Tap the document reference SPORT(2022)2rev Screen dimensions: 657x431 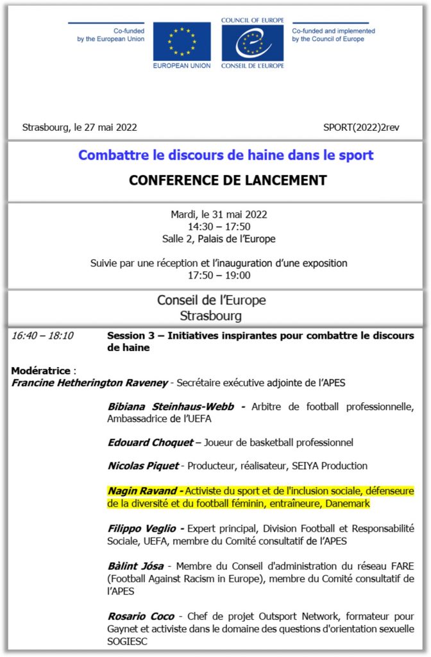(x=361, y=127)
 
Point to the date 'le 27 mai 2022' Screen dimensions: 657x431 (x=103, y=127)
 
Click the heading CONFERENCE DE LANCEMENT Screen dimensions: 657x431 (x=228, y=180)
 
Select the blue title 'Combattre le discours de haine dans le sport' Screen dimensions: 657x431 (x=225, y=155)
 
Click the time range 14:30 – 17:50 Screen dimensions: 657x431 (x=219, y=226)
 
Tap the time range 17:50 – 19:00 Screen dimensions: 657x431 (x=219, y=275)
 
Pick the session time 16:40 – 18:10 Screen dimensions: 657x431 (x=42, y=336)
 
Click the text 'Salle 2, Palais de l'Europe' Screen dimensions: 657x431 (x=219, y=239)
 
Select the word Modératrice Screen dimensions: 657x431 (x=42, y=370)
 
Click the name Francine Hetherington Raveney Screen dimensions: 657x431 (x=89, y=383)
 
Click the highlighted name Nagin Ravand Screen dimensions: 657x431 (x=144, y=491)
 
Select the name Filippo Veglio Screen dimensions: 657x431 (x=144, y=529)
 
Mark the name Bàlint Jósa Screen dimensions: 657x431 (x=135, y=566)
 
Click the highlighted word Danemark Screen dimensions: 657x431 (x=348, y=504)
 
